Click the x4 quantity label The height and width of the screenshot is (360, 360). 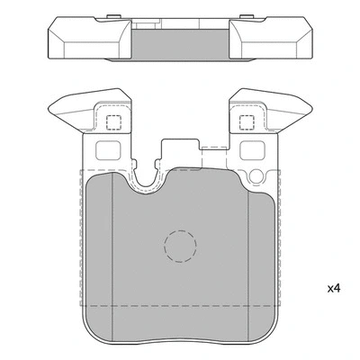coord(333,289)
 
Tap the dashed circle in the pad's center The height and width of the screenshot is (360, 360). coord(180,245)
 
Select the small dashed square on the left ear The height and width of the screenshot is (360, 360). coord(114,124)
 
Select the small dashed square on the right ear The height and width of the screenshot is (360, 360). coord(245,124)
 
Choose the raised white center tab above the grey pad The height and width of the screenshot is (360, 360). coord(179,153)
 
